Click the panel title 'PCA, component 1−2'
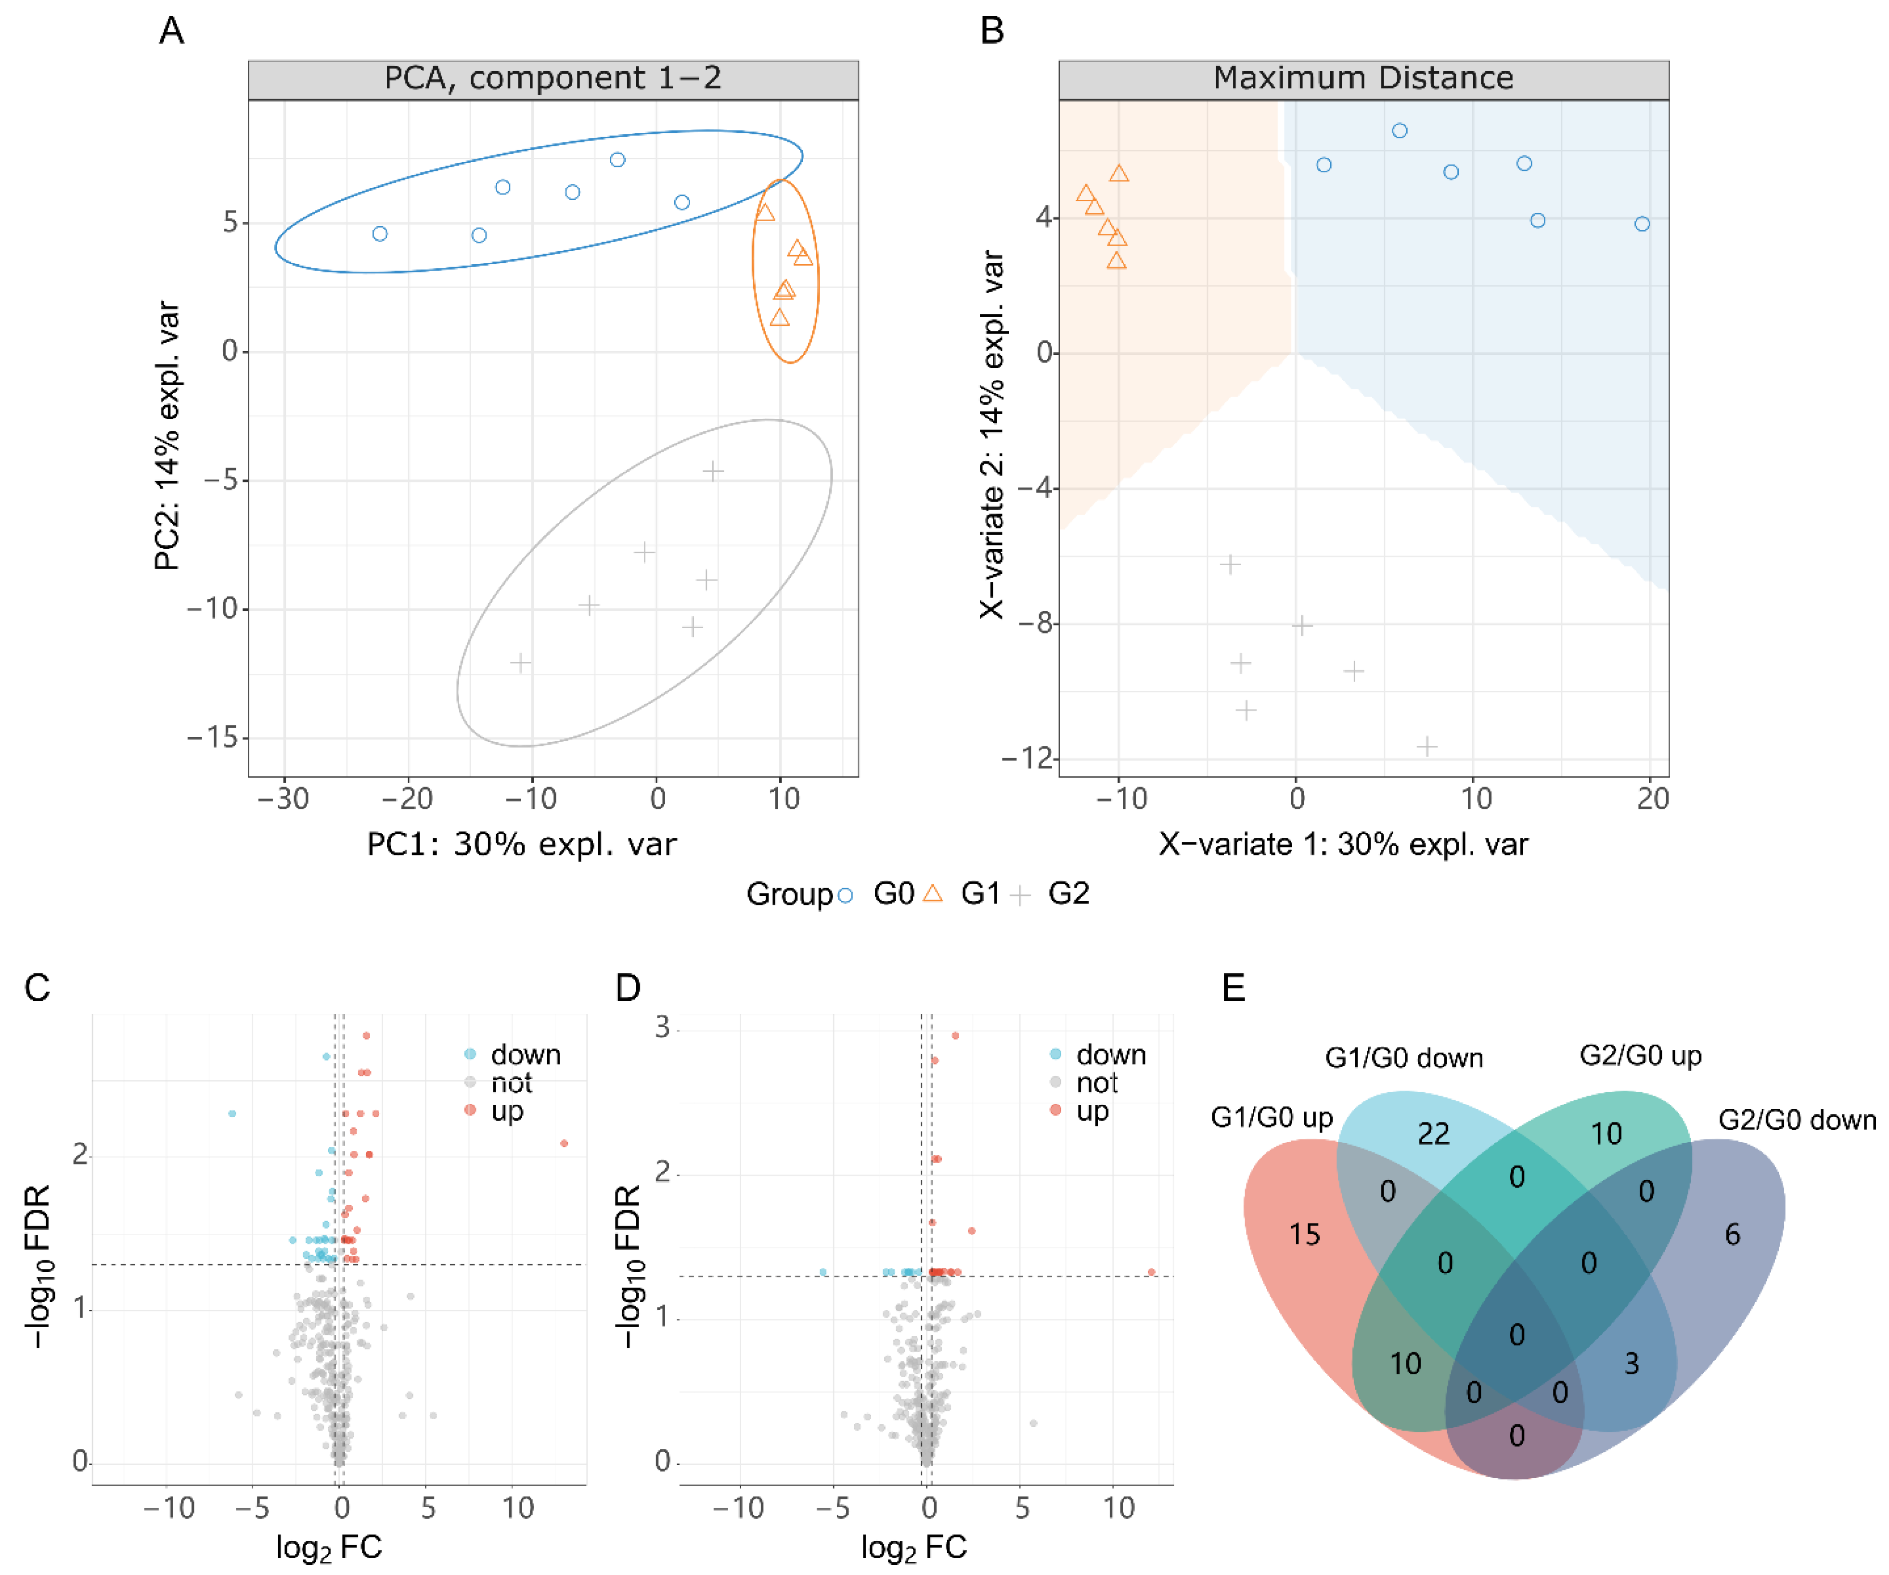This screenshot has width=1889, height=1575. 553,78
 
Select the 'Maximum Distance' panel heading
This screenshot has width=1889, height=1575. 1363,78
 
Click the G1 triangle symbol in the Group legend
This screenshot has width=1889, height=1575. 934,893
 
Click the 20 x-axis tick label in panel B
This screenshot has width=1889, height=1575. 1652,799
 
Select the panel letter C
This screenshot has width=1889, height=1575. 37,988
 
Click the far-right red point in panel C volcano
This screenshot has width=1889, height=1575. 564,1143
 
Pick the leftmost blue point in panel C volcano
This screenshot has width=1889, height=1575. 232,1113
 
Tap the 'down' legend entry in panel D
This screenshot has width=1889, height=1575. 1111,1054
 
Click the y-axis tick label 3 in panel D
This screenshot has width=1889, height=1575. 663,1027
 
